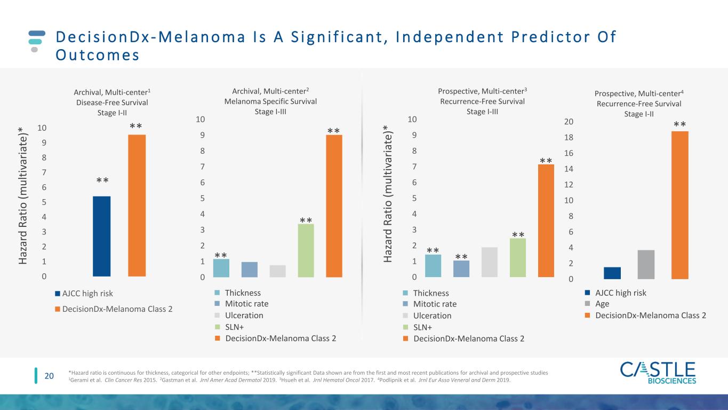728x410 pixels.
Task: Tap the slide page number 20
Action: coord(49,376)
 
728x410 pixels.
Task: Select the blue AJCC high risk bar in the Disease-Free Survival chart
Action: coord(102,236)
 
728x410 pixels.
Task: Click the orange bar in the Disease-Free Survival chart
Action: coord(137,206)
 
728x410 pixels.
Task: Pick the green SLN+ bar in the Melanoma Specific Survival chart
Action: coord(306,250)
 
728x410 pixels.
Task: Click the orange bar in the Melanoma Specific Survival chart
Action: coord(334,206)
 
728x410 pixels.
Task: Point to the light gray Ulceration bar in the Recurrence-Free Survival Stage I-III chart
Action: coord(490,262)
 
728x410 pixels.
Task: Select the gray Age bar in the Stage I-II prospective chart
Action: coord(646,265)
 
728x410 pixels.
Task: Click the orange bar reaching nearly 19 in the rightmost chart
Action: coord(680,205)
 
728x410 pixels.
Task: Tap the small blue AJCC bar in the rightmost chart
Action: coord(612,273)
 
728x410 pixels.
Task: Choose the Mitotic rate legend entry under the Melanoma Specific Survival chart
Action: coord(242,304)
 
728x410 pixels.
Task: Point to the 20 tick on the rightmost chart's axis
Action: coord(569,122)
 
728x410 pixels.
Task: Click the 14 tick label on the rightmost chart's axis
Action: coord(569,169)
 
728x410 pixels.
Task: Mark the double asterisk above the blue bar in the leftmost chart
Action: coord(102,180)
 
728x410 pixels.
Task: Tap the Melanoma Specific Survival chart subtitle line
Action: coord(270,101)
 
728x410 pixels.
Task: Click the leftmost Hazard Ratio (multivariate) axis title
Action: coord(22,195)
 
